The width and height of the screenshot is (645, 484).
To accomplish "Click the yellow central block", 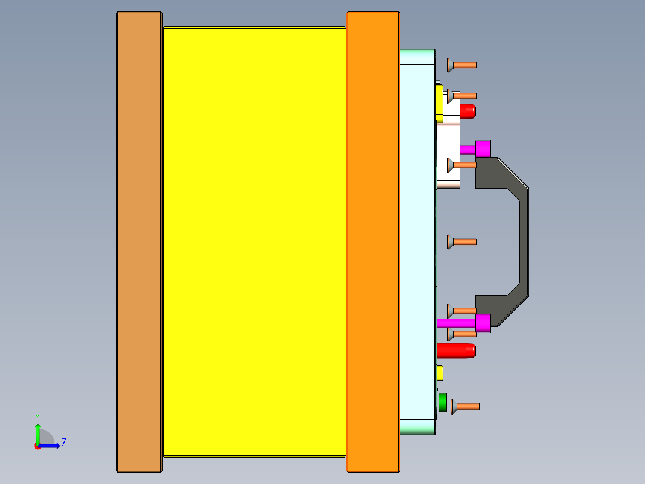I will click(254, 240).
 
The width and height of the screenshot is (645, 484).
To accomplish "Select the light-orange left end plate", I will click(139, 240).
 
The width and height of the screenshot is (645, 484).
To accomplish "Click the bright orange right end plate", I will click(372, 240).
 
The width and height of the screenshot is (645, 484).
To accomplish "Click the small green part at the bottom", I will click(443, 402).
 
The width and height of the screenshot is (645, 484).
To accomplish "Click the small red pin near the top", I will click(467, 111).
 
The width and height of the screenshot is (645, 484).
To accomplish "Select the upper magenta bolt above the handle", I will click(482, 149).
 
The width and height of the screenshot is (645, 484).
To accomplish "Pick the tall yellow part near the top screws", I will click(439, 102).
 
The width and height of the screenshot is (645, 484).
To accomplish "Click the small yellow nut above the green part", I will click(440, 373).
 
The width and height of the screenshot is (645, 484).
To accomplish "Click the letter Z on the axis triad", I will click(63, 443).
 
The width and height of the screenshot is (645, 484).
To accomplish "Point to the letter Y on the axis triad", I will click(37, 416).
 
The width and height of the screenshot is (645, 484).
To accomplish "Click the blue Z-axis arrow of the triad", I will click(50, 446).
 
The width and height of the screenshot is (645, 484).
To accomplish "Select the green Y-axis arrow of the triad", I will click(37, 432).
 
